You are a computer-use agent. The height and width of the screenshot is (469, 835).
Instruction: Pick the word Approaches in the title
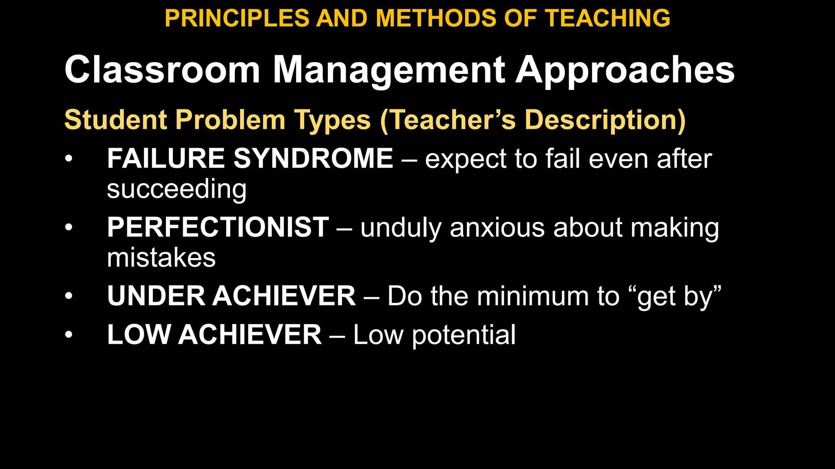pyautogui.click(x=625, y=70)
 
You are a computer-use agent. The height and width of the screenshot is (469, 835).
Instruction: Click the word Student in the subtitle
pyautogui.click(x=116, y=120)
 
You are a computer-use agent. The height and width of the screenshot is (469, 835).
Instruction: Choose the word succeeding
pyautogui.click(x=177, y=190)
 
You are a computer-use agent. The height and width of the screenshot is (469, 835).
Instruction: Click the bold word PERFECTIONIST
pyautogui.click(x=218, y=227)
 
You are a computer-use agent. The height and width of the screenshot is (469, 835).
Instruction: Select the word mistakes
pyautogui.click(x=161, y=258)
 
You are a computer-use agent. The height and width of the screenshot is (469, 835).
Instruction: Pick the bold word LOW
pyautogui.click(x=139, y=335)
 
